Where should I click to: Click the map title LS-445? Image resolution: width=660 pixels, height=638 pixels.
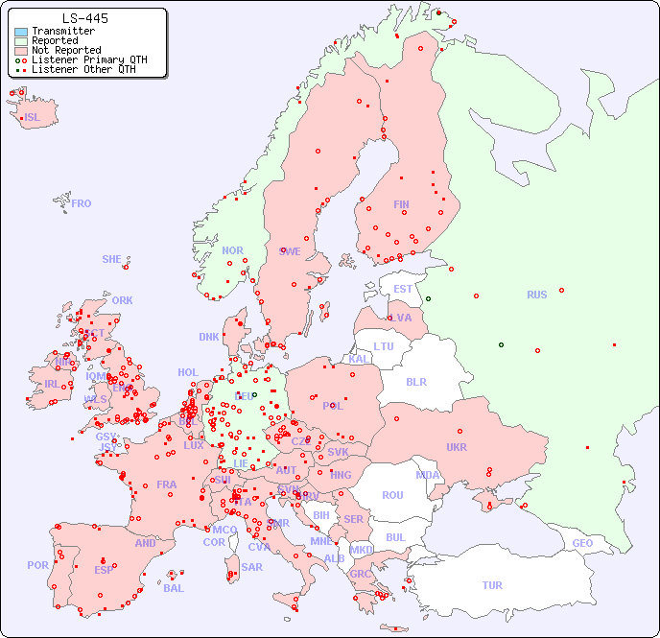[x=84, y=18]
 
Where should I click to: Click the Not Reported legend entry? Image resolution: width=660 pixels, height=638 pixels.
[x=65, y=50]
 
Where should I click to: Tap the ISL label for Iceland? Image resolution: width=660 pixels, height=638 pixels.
[x=33, y=118]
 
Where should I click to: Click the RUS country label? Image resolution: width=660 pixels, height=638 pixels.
[x=536, y=295]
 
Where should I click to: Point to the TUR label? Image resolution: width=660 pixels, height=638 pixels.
[x=492, y=585]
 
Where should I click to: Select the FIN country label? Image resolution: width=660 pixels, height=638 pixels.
[x=401, y=204]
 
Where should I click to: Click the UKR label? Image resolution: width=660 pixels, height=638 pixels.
[x=457, y=447]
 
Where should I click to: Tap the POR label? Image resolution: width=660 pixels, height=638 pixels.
[x=37, y=565]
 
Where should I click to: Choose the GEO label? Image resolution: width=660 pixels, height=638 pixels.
[x=582, y=543]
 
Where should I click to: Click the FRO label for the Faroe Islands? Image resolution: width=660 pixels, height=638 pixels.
[x=82, y=203]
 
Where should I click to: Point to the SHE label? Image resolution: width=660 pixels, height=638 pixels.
[x=112, y=259]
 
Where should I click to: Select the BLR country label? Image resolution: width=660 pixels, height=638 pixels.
[x=416, y=381]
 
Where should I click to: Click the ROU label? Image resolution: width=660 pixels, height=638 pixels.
[x=392, y=495]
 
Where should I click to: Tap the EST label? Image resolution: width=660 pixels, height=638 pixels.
[x=403, y=289]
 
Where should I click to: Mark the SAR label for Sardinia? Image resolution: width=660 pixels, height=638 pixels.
[x=252, y=567]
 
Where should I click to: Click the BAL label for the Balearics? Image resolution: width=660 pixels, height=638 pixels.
[x=174, y=588]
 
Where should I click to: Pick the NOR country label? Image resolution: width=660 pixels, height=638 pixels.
[x=233, y=250]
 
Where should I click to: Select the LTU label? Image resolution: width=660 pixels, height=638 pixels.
[x=384, y=346]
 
